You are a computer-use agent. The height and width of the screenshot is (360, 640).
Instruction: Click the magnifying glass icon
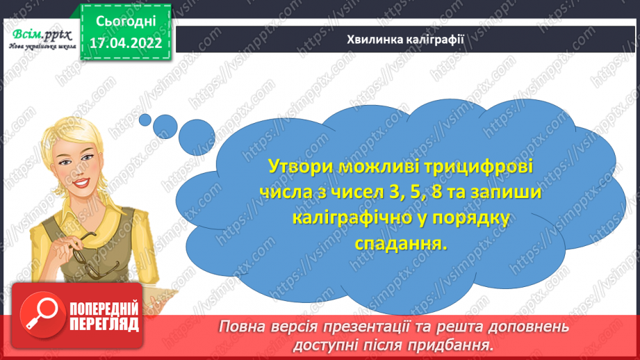(38, 315)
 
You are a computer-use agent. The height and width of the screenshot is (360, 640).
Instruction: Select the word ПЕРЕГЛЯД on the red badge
(105, 324)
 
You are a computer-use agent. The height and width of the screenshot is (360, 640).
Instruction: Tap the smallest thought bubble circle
(145, 120)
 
